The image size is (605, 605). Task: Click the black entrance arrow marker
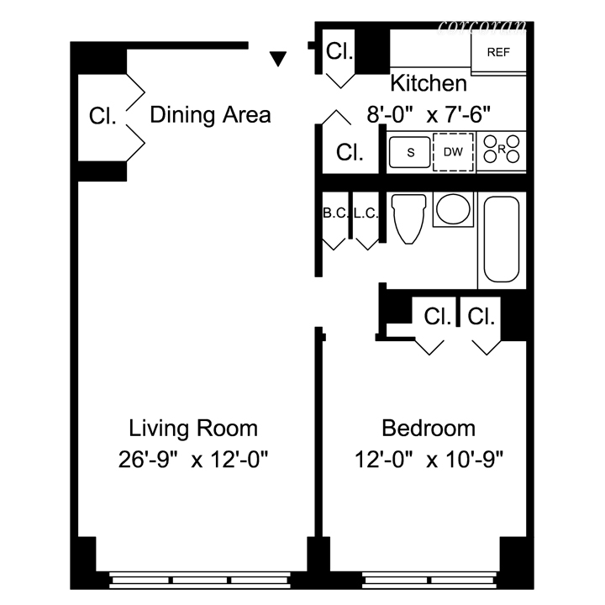pyautogui.click(x=278, y=59)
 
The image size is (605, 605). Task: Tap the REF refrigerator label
pyautogui.click(x=498, y=52)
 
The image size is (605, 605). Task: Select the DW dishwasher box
pyautogui.click(x=453, y=151)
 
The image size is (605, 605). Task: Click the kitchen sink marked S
pyautogui.click(x=409, y=152)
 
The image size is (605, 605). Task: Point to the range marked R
pyautogui.click(x=502, y=150)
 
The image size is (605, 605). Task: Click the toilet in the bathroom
pyautogui.click(x=409, y=218)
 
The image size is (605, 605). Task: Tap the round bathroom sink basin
pyautogui.click(x=453, y=209)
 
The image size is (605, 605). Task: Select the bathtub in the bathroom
pyautogui.click(x=502, y=239)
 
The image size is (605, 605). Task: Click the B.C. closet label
pyautogui.click(x=335, y=213)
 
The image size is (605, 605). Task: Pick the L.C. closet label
pyautogui.click(x=366, y=213)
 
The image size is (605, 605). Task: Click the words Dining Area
pyautogui.click(x=210, y=114)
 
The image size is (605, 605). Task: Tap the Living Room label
pyautogui.click(x=193, y=429)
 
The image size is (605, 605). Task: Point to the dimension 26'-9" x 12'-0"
pyautogui.click(x=193, y=460)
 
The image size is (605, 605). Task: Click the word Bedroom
pyautogui.click(x=429, y=429)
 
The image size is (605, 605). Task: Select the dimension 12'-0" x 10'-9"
pyautogui.click(x=429, y=460)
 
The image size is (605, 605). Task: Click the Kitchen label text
pyautogui.click(x=429, y=83)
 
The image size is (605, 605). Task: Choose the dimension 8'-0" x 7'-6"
pyautogui.click(x=429, y=114)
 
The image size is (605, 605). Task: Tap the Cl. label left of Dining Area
pyautogui.click(x=103, y=116)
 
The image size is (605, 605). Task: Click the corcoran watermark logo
pyautogui.click(x=482, y=27)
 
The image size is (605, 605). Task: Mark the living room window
pyautogui.click(x=200, y=580)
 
